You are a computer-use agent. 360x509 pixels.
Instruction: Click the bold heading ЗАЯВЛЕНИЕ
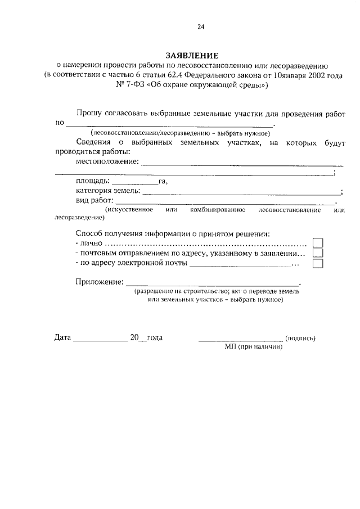coord(192,56)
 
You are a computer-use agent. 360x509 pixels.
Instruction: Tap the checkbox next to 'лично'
coord(318,243)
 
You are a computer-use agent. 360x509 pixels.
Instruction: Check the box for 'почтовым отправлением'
coord(318,253)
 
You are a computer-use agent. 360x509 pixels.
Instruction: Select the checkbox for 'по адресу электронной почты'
coord(318,263)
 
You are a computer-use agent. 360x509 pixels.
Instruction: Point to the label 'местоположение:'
coord(107,161)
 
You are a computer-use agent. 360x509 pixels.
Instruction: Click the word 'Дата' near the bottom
coord(62,338)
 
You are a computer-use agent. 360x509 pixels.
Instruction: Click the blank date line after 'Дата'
coord(101,339)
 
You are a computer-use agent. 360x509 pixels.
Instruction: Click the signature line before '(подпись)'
coord(240,339)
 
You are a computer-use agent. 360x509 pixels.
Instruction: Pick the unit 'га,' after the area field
coord(164,181)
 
